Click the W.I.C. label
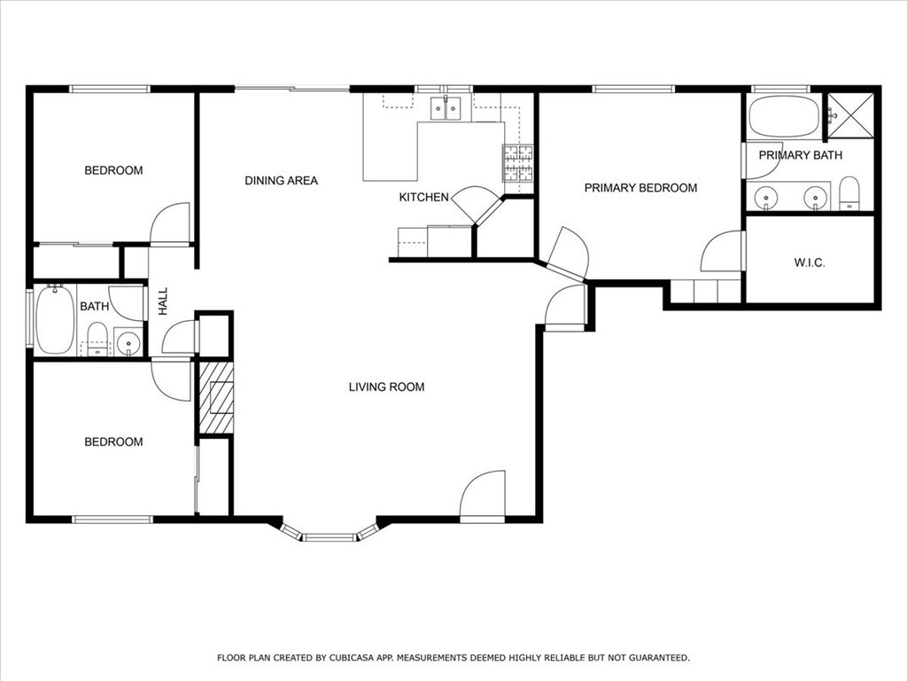810,262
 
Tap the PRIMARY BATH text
800,155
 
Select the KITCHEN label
424,198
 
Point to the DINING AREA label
281,181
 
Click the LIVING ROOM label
386,387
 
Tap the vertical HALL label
163,301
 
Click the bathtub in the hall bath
55,319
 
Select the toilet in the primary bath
849,193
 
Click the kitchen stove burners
517,163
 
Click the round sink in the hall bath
128,343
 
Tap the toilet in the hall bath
97,339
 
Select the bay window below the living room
329,535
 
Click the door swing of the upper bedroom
170,223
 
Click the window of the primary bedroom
633,90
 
